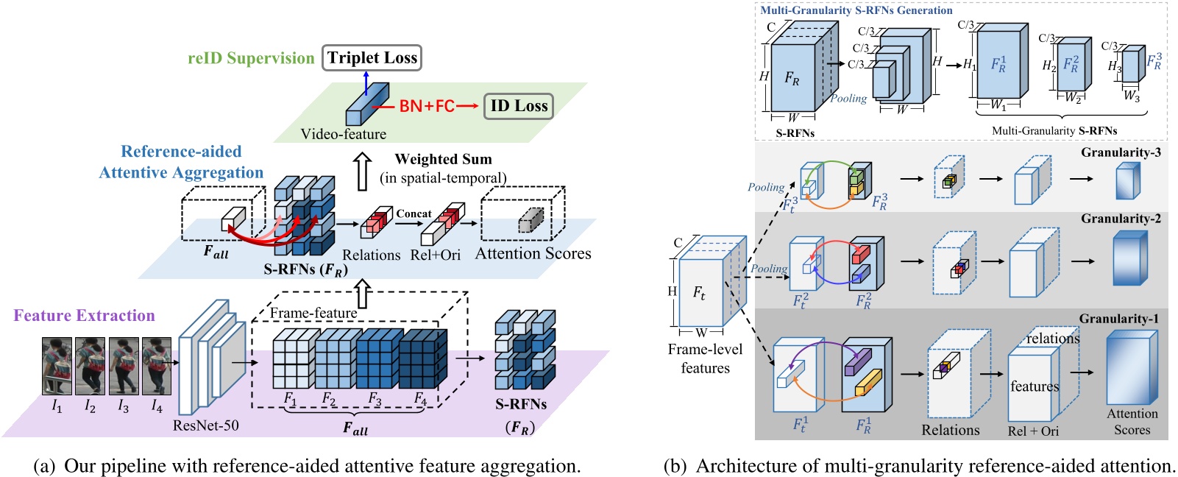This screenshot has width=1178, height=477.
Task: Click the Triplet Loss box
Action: coord(372,58)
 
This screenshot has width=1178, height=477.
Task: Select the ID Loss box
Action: coord(519,106)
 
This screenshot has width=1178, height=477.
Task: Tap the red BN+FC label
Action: coord(427,106)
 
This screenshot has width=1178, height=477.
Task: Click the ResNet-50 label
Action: coord(205,425)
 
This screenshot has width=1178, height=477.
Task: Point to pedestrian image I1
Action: coord(57,366)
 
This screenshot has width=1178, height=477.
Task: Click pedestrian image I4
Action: coord(156,366)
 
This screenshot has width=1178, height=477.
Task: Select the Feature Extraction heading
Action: coord(84,316)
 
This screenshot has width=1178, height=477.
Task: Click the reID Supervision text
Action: coord(251,58)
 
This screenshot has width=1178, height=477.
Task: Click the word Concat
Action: coord(414,213)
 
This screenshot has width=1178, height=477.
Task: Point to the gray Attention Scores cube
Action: coord(531,220)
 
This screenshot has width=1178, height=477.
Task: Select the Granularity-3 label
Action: coord(1121,152)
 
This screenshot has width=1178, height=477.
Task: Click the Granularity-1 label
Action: coord(1118,319)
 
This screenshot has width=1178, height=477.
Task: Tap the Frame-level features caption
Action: coord(705,358)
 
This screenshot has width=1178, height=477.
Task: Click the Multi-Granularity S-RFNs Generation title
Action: coord(856,10)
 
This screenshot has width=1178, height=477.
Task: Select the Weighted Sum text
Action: coord(443,159)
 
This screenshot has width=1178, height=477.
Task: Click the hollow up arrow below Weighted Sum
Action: coord(361,171)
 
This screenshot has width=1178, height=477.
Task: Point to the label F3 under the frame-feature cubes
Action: coord(375,398)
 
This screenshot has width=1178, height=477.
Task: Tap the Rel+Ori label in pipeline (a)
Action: coord(435,255)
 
